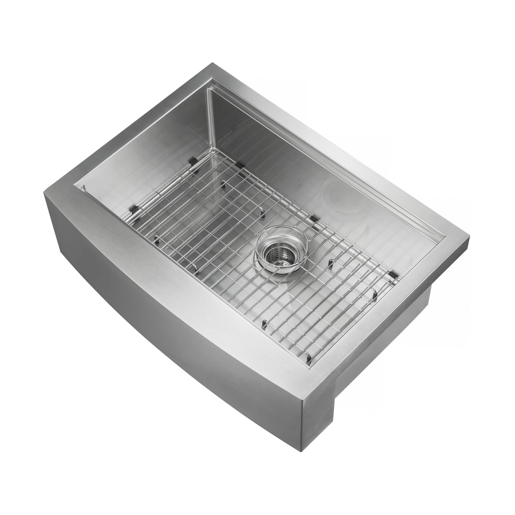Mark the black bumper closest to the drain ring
pos(314,219)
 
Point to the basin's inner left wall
pos(139,149)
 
